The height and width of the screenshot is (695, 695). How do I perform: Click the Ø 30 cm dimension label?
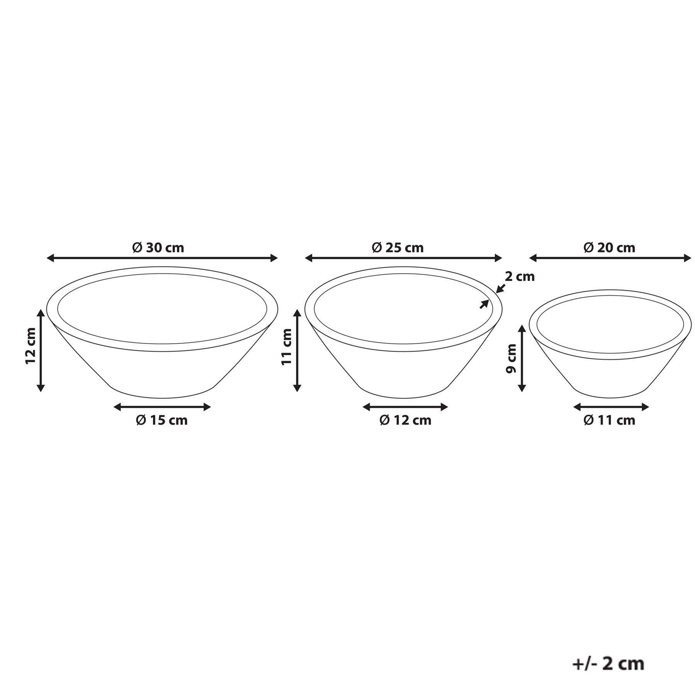pyautogui.click(x=158, y=247)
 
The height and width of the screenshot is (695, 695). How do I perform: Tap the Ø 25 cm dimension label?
pyautogui.click(x=398, y=247)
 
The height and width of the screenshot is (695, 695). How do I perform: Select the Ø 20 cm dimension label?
pyautogui.click(x=609, y=247)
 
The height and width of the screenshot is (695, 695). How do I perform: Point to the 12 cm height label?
pyautogui.click(x=31, y=346)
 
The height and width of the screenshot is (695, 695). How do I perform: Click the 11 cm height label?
pyautogui.click(x=286, y=347)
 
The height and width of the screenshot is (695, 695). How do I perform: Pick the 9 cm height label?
pyautogui.click(x=511, y=358)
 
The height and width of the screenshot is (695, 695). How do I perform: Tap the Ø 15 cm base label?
pyautogui.click(x=162, y=420)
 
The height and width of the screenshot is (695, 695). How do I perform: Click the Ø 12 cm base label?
pyautogui.click(x=405, y=420)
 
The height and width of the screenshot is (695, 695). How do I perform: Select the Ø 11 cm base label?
pyautogui.click(x=609, y=420)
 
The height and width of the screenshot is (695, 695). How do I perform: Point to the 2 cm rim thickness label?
pyautogui.click(x=520, y=276)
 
